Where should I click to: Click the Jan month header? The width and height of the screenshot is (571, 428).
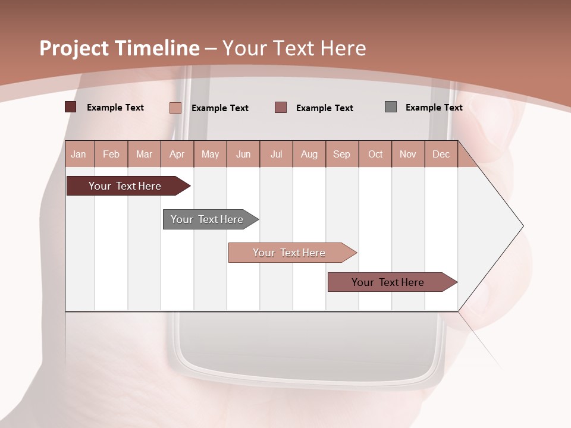(x=79, y=154)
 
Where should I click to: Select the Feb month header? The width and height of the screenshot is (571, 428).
(x=111, y=154)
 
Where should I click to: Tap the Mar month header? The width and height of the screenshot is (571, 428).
(x=144, y=154)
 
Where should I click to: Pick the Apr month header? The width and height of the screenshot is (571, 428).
(x=177, y=154)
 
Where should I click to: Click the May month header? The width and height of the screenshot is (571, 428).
(x=210, y=154)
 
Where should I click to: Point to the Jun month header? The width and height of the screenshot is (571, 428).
(x=243, y=154)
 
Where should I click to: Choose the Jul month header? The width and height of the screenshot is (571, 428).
(x=276, y=154)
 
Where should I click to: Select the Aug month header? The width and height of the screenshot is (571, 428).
(x=309, y=154)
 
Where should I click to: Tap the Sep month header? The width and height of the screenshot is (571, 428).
(x=342, y=154)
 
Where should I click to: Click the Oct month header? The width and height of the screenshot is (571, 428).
(x=375, y=154)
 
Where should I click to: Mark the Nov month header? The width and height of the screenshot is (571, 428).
(x=408, y=154)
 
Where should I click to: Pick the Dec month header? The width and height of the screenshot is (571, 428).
(x=441, y=154)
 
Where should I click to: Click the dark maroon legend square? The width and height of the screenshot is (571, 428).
(x=71, y=107)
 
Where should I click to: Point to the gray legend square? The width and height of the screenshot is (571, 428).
(x=391, y=107)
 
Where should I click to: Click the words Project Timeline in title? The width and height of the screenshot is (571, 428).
(x=120, y=48)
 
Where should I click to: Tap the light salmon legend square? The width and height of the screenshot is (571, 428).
(x=175, y=108)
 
